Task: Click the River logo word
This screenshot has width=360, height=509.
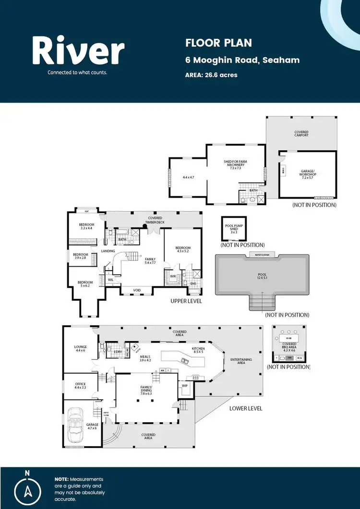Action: (78, 52)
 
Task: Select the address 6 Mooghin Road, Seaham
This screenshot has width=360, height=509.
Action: (242, 60)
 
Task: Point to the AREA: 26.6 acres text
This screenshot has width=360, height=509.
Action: (211, 75)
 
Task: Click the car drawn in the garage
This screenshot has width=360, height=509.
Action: (75, 425)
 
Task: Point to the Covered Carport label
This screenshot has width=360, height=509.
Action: (301, 133)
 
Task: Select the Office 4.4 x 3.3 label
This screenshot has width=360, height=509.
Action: (80, 385)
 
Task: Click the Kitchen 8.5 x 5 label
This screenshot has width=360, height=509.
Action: (198, 350)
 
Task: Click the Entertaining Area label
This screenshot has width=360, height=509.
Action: (241, 361)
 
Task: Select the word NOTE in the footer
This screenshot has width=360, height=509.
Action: (61, 479)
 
